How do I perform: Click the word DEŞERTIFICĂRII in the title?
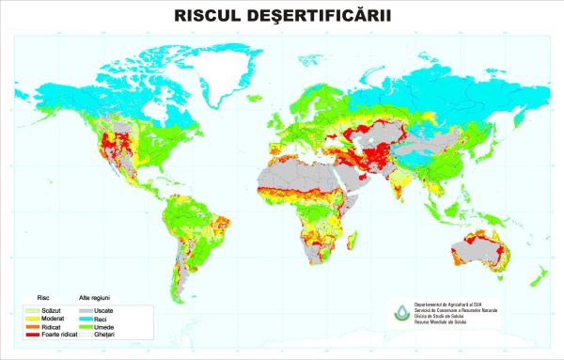pos(323,16)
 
